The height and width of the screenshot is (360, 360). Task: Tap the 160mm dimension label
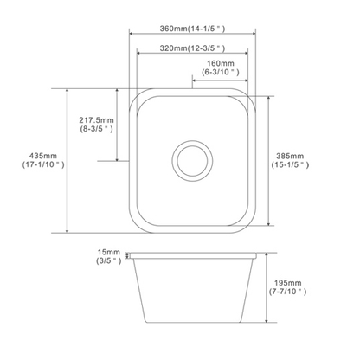tap(222, 64)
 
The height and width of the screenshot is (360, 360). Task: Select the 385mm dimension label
tap(291, 156)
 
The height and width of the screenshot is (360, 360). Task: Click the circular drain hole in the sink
tap(193, 160)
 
